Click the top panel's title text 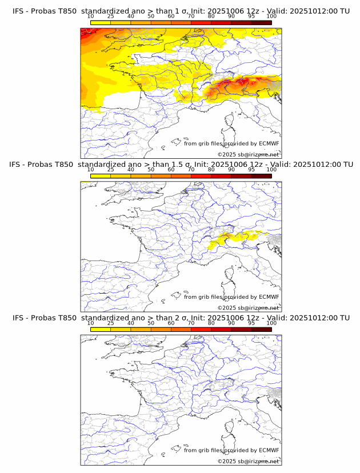coord(181,10)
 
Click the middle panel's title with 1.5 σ coord(181,164)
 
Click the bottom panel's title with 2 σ coord(181,318)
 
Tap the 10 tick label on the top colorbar coord(90,16)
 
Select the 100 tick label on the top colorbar coord(271,16)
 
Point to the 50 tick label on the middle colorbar coord(151,170)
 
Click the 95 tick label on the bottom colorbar coord(251,323)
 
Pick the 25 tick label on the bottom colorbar coord(110,323)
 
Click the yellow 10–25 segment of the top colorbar coord(101,22)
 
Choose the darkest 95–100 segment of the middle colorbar coord(261,176)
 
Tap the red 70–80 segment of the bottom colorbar coord(201,330)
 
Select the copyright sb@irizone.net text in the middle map coord(248,307)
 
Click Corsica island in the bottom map coord(230,427)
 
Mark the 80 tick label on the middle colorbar coord(211,170)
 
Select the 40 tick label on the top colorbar coord(131,16)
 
